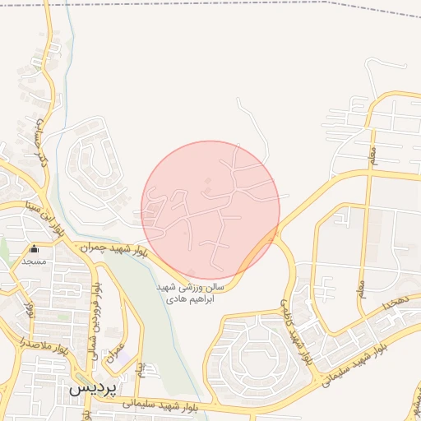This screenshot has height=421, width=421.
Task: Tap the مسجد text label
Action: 34,261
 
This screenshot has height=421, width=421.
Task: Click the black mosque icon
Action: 34,249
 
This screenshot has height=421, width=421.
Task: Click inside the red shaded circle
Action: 210,210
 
